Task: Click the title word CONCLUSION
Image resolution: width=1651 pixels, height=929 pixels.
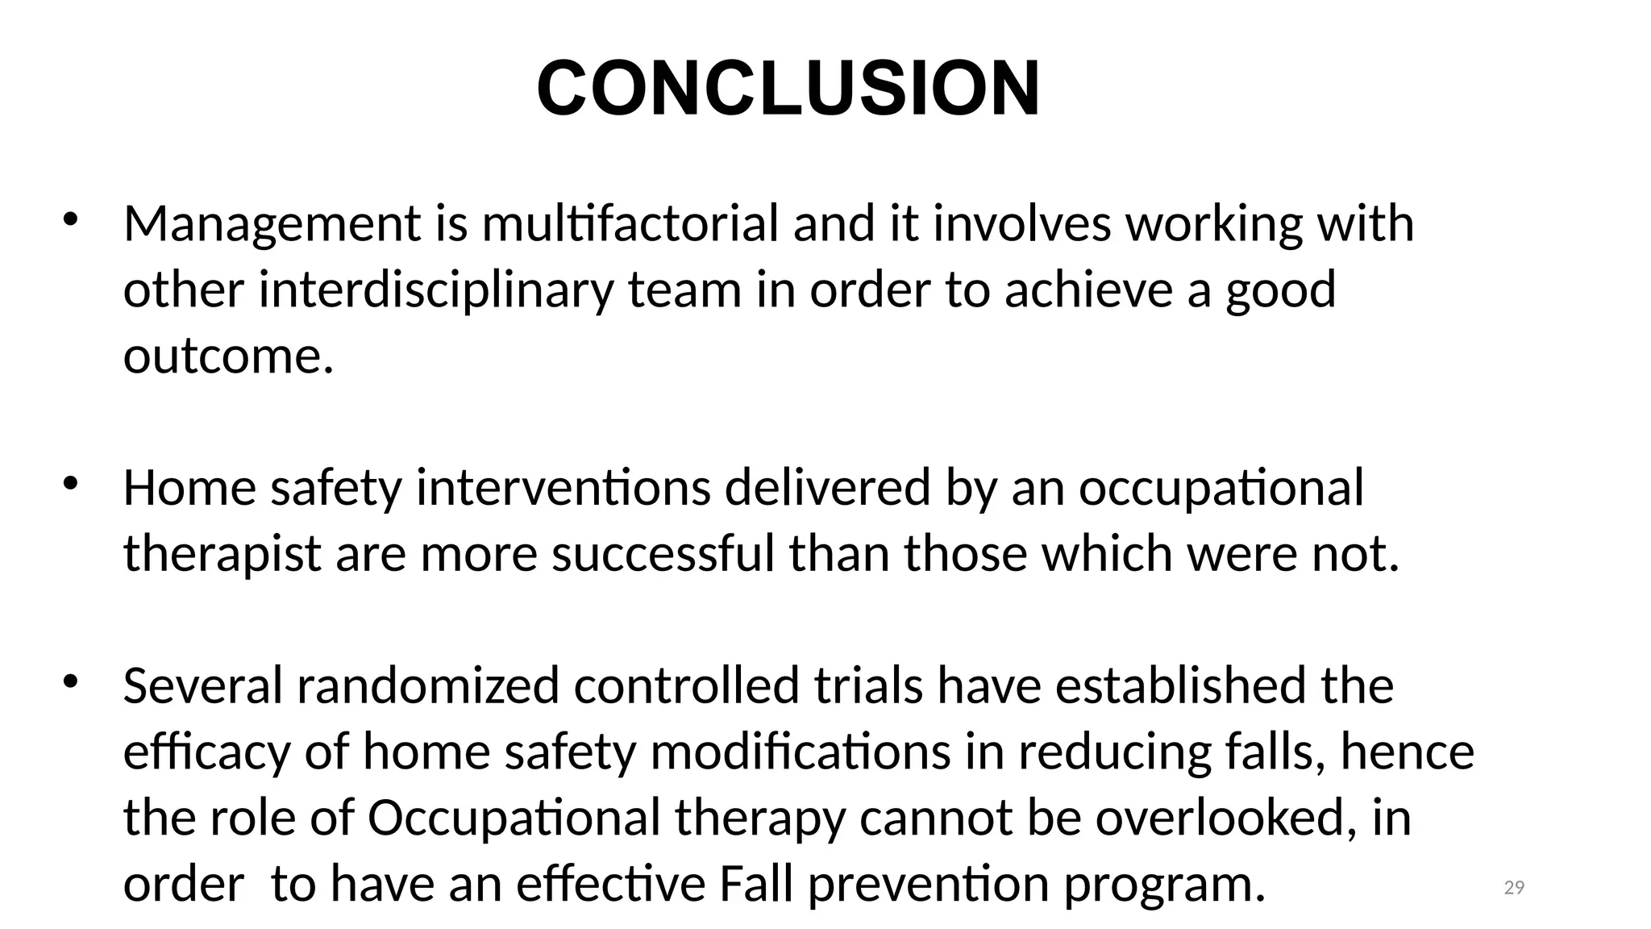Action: [788, 89]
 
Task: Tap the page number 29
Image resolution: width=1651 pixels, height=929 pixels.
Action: [1514, 888]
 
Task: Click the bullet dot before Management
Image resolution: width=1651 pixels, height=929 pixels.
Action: [70, 219]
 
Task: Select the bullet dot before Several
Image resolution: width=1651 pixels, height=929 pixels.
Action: [70, 682]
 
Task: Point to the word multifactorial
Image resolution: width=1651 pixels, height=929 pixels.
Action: [630, 223]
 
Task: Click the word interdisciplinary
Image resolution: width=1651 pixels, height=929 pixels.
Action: [435, 290]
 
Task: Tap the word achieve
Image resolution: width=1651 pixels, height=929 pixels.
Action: [1088, 290]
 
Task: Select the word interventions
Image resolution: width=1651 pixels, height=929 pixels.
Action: [563, 488]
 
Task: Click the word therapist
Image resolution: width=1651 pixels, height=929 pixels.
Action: [222, 555]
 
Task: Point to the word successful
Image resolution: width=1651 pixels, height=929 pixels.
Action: [663, 555]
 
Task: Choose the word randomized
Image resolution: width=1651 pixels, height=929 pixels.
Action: [427, 686]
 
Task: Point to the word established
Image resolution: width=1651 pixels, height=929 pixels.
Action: [1181, 686]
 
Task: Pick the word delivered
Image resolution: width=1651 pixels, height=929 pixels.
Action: [828, 488]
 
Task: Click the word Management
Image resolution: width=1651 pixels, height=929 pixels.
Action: [272, 223]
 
